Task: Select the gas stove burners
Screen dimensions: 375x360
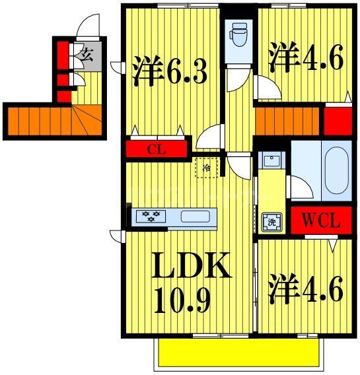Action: (151, 216)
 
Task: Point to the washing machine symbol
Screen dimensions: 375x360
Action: (270, 221)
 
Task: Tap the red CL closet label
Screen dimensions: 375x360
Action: (157, 149)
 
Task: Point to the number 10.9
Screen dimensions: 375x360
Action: (183, 301)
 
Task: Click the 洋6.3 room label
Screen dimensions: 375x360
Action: (170, 72)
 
